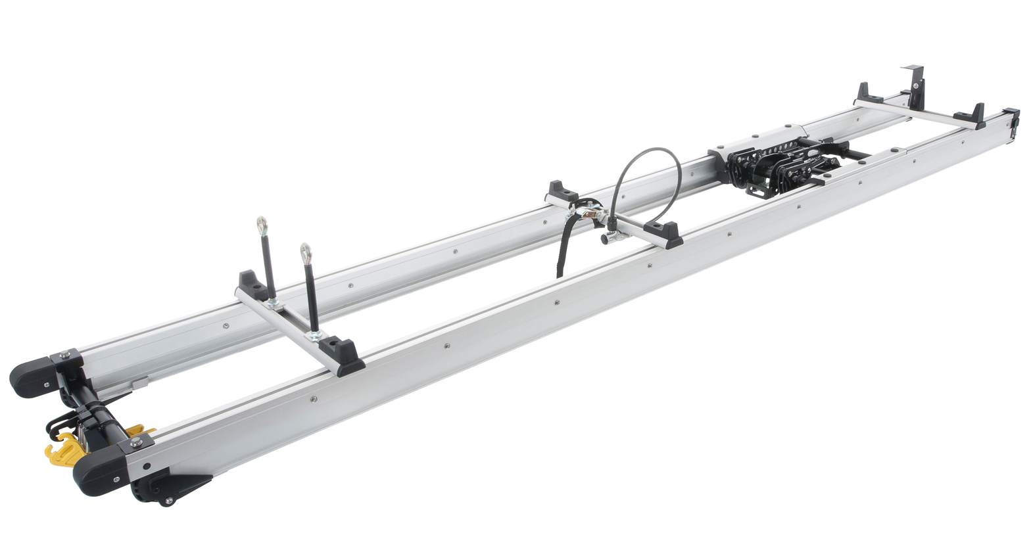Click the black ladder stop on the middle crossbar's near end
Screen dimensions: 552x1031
coord(664,233)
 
